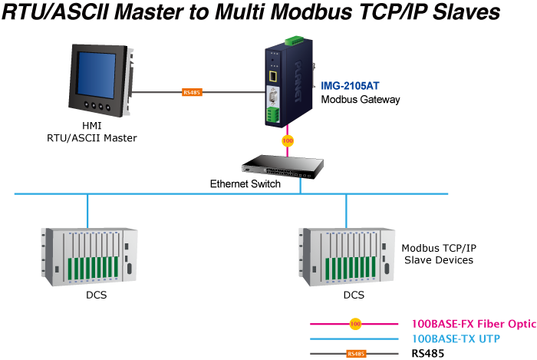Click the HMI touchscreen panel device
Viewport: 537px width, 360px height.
pos(96,78)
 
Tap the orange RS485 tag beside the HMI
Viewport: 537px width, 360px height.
pos(192,93)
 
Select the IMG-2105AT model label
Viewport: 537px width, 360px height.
pos(351,86)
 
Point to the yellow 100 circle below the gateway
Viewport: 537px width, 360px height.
pos(288,141)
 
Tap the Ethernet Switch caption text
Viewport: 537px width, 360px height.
pos(245,184)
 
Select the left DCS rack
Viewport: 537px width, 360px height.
pos(88,256)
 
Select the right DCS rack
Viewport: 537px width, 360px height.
pos(346,256)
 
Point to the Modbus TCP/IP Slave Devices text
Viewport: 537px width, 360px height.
pos(439,254)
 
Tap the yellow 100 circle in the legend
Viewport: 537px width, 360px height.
pos(355,324)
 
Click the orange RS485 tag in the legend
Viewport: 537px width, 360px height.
pos(356,354)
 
